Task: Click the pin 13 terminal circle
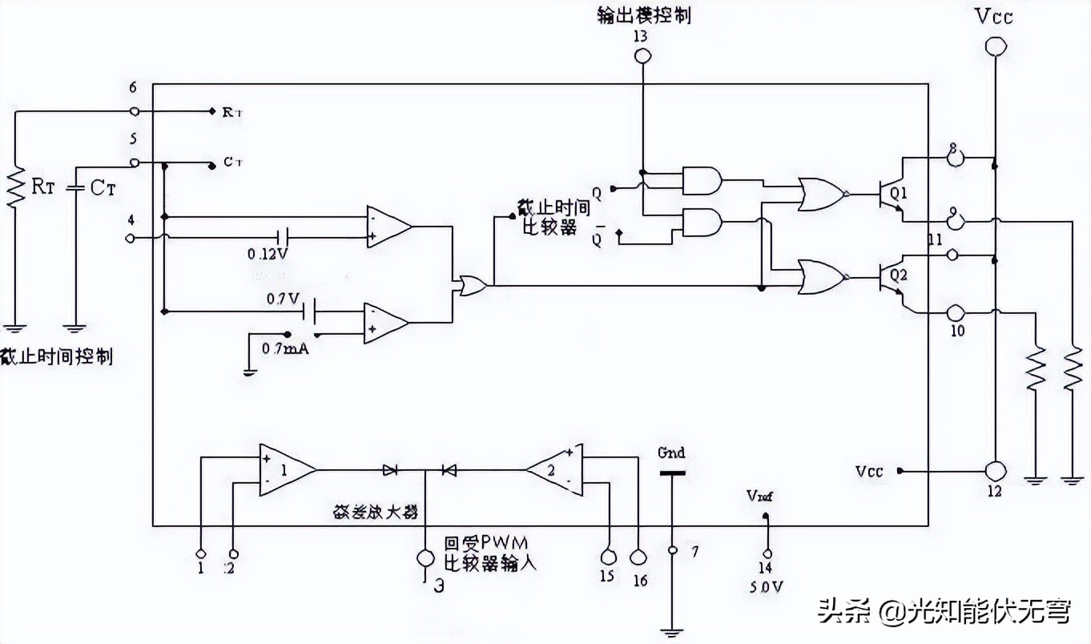click(x=641, y=56)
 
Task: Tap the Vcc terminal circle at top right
click(x=994, y=47)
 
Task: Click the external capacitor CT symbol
click(x=75, y=188)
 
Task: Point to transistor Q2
click(x=890, y=277)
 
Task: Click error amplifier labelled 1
click(x=284, y=469)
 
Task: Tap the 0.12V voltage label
click(x=268, y=254)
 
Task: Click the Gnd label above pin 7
click(x=671, y=453)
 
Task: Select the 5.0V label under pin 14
click(x=766, y=586)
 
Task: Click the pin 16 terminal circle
click(x=638, y=557)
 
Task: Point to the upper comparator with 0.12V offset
click(x=388, y=227)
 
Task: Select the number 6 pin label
click(x=132, y=87)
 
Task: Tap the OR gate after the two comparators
click(x=469, y=285)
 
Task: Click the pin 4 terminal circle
click(x=133, y=238)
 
